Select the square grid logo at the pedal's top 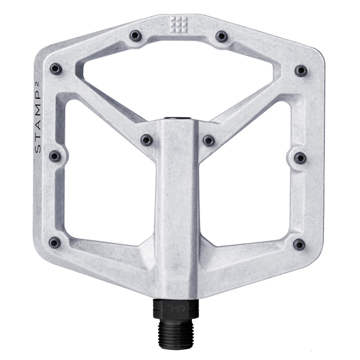pos(178,23)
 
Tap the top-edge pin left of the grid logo pos(136,36)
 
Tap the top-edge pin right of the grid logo pos(221,36)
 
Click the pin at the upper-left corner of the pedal pos(56,69)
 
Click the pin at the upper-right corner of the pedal pos(301,70)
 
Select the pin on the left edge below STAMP pos(55,156)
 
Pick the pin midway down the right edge pos(300,157)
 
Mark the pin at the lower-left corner pos(55,243)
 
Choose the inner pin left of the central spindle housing pos(147,140)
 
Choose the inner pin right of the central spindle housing pos(208,140)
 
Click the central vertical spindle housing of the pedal pos(177,206)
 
